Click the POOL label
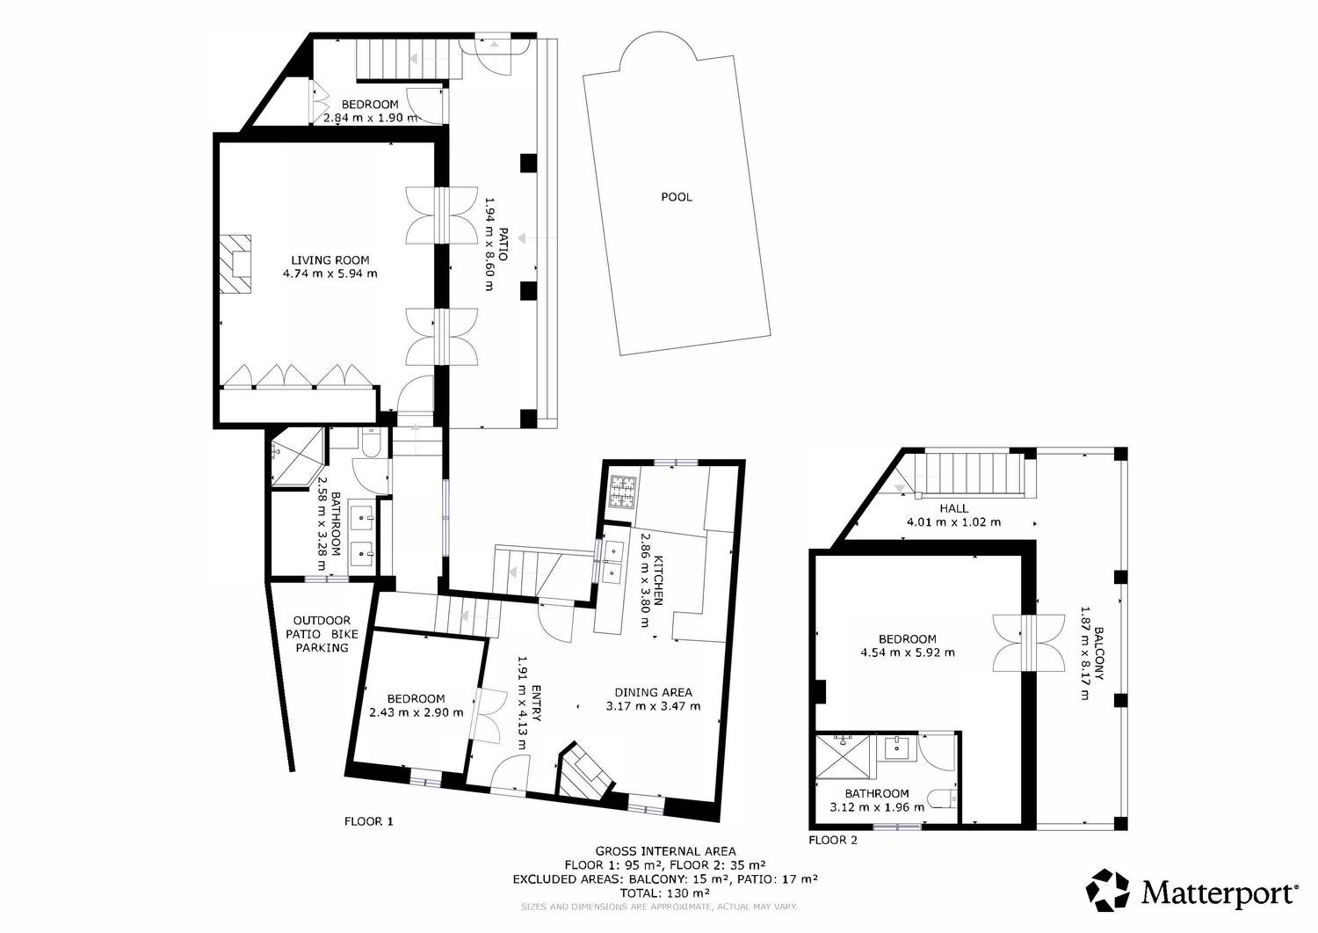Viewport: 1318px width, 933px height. coord(677,197)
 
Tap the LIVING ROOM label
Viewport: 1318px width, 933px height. coord(330,259)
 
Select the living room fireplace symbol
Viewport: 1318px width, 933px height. coord(235,263)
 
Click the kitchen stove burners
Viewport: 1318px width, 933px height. coord(622,492)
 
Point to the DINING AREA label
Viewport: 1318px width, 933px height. coord(653,692)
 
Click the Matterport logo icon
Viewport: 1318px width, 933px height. coord(1108,890)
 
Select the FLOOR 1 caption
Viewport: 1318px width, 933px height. coord(368,821)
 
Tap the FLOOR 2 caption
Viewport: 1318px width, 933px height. coord(833,840)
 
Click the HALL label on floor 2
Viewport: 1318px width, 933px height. coord(953,508)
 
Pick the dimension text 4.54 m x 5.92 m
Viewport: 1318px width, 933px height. coord(908,652)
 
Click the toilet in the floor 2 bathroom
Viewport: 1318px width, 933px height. coord(942,798)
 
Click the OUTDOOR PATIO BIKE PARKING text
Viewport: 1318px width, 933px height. coord(322,634)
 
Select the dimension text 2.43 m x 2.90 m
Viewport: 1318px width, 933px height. coord(416,712)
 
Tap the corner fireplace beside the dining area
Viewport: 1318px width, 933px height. coord(584,773)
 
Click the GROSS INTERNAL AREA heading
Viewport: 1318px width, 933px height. coord(665,851)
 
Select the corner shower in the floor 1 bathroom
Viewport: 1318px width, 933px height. coord(298,458)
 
